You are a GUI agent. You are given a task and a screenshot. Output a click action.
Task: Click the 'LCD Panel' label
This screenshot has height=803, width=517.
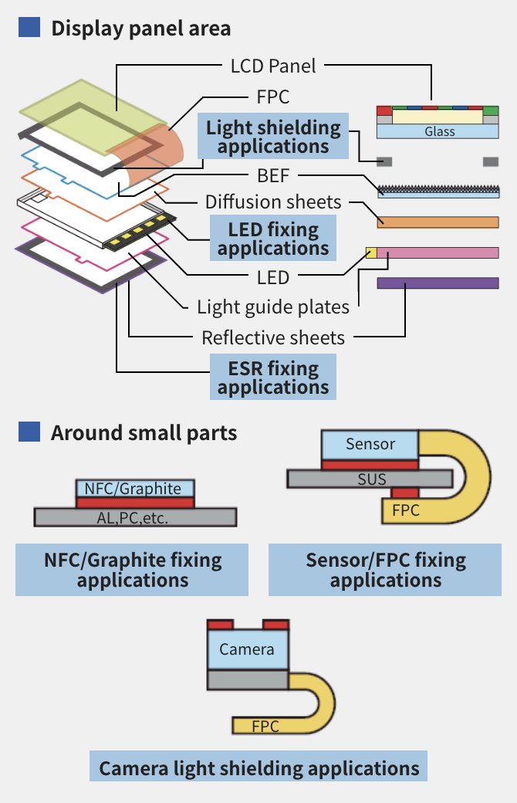(x=273, y=66)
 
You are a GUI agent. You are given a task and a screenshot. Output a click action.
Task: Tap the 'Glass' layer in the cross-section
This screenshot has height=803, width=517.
(x=440, y=131)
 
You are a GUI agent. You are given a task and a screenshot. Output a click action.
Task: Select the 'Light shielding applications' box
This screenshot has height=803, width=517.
(x=273, y=137)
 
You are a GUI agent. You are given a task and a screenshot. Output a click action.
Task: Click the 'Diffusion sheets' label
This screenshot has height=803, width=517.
(x=273, y=202)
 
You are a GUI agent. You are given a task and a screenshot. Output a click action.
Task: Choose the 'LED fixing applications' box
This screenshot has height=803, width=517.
(x=273, y=239)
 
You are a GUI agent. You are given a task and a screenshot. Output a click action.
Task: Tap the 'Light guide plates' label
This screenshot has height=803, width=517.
(x=273, y=307)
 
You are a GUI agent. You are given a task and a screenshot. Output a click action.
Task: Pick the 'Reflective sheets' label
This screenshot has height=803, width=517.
(x=273, y=337)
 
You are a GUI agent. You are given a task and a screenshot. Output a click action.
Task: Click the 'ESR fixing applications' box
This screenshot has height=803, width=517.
(x=273, y=377)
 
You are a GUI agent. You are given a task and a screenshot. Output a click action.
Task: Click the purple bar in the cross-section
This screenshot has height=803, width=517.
(x=438, y=283)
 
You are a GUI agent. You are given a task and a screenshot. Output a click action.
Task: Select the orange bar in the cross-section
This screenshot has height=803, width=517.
(x=438, y=222)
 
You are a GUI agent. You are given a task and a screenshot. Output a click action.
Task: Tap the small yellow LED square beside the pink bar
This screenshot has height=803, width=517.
(x=371, y=252)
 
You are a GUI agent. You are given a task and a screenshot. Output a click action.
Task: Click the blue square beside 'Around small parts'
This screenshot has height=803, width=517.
(x=29, y=431)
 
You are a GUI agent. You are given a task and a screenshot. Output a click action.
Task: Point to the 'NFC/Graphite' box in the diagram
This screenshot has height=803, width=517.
(x=135, y=489)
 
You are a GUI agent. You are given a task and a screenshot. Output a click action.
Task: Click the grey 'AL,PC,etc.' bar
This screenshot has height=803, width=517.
(x=135, y=517)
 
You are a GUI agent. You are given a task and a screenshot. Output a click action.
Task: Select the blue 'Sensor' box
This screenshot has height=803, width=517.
(x=370, y=444)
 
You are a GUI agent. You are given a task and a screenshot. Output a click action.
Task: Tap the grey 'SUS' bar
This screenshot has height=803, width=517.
(x=370, y=479)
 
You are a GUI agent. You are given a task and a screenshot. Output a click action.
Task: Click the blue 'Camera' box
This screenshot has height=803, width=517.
(x=247, y=649)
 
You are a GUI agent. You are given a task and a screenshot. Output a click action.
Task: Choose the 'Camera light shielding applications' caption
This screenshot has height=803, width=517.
(x=258, y=768)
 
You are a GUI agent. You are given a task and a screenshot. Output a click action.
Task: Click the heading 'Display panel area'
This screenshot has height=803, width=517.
(x=140, y=29)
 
